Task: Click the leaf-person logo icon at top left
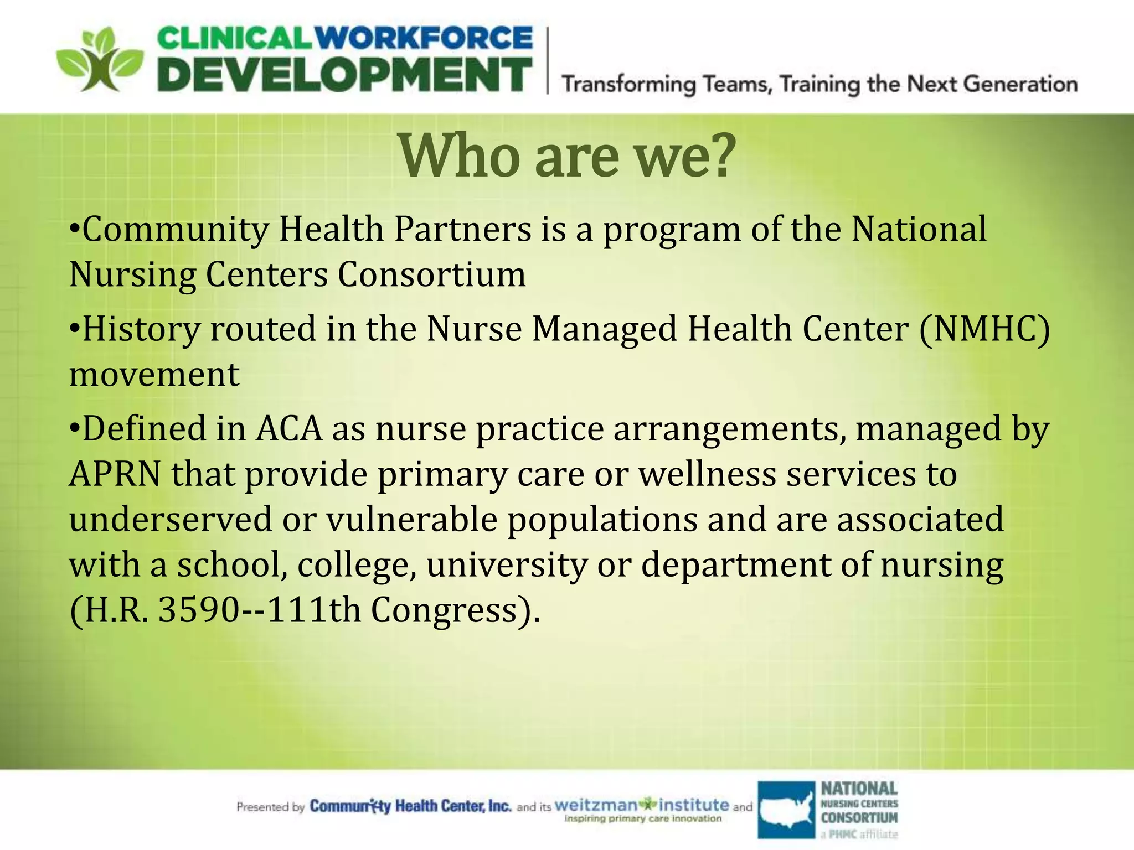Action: point(100,60)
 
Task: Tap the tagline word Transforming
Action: point(628,85)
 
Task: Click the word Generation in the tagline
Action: point(1020,84)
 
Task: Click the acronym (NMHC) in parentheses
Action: point(984,329)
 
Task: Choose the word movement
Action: point(154,375)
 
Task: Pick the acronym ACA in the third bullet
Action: point(288,429)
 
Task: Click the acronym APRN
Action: point(115,474)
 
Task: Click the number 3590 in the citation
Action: point(199,610)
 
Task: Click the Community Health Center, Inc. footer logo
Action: point(410,806)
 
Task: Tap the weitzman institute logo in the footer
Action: point(642,808)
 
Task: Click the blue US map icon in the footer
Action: point(786,809)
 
